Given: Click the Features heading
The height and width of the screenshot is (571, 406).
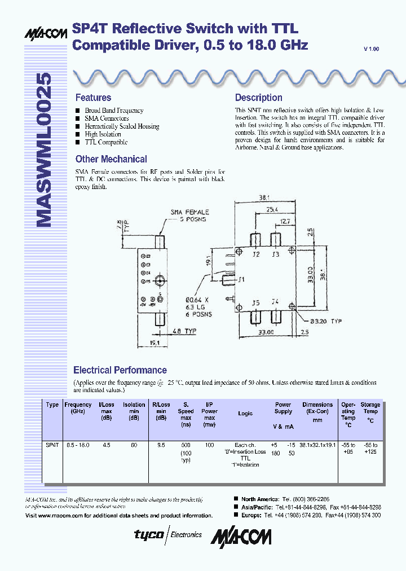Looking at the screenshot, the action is point(93,98).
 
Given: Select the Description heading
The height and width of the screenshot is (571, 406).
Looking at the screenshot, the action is point(258,98).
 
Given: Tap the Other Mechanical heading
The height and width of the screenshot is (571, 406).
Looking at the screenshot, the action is point(111,159).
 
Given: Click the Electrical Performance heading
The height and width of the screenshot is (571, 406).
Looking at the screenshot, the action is point(120,370).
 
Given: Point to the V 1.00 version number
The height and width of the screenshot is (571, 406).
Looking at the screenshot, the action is point(372,49).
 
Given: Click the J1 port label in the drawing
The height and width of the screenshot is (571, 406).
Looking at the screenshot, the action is point(242,279).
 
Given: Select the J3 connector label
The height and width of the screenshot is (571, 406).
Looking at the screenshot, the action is point(275,254).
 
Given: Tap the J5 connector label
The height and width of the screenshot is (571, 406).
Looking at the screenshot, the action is point(255,303).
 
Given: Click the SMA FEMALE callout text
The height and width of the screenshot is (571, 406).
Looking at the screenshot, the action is point(190,212).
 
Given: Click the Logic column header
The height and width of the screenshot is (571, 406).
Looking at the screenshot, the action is point(245,414).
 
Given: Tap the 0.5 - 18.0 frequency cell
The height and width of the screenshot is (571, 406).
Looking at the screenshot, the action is point(78,445).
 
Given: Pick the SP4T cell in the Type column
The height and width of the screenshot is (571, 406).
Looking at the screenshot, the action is point(52,445).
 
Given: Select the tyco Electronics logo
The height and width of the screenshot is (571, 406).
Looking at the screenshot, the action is point(167,534).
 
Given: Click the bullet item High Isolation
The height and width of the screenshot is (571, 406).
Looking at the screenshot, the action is point(103,134).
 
